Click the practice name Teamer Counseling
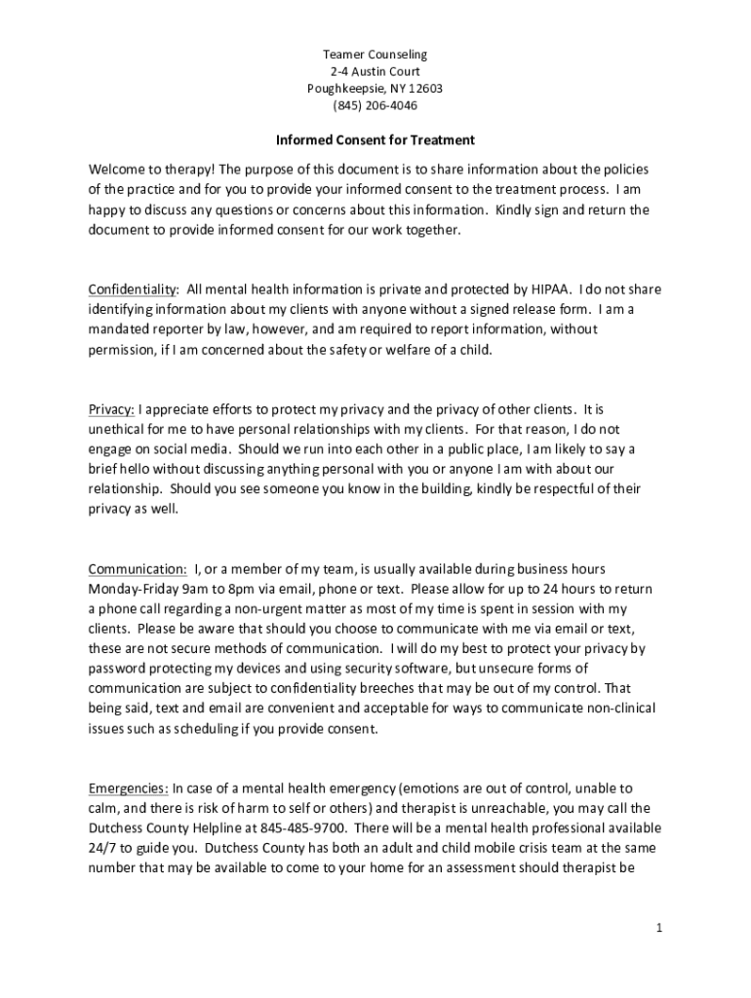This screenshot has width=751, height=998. pos(375,55)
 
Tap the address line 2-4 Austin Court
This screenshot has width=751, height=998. pos(375,71)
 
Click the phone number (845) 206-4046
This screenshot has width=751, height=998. pos(375,105)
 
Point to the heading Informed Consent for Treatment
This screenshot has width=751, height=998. pos(375,140)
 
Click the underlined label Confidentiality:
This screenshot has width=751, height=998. pos(134,289)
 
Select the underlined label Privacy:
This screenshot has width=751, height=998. pos(111,409)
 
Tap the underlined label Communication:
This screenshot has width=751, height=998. pos(138,569)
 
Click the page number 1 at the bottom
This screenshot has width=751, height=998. pos(659,929)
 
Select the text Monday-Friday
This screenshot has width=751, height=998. pos(132,590)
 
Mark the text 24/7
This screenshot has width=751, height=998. pos(103,849)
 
